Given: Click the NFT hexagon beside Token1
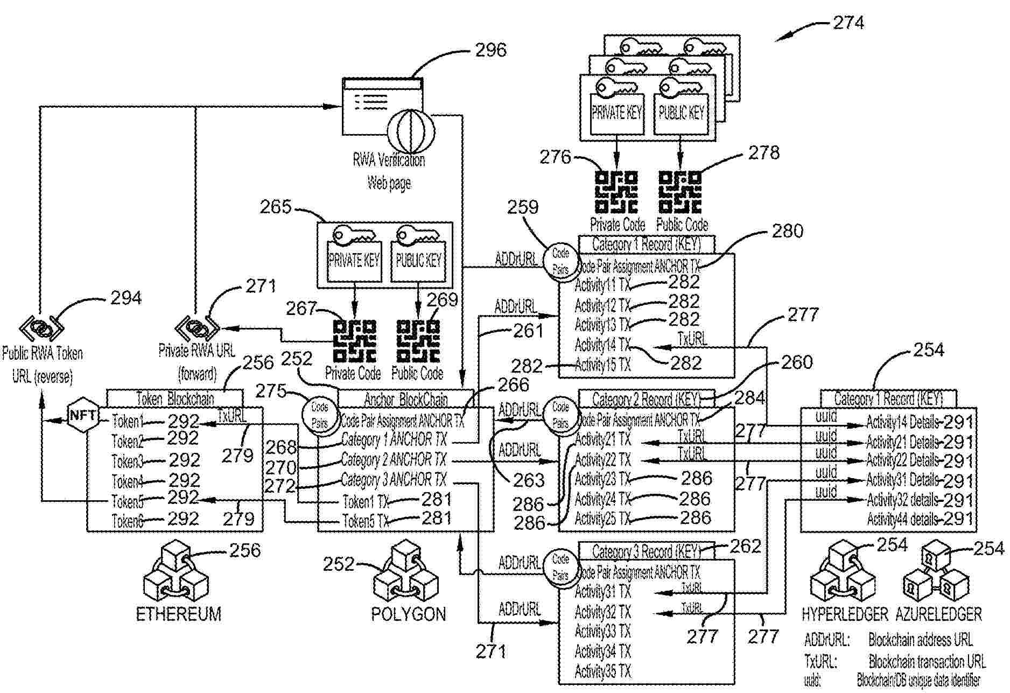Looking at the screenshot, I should pyautogui.click(x=83, y=415).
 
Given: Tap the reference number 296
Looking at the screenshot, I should pyautogui.click(x=490, y=50).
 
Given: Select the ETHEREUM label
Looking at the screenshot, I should pyautogui.click(x=178, y=614).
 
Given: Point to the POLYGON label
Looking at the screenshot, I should pyautogui.click(x=408, y=614).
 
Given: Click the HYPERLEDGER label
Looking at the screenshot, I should pyautogui.click(x=845, y=614).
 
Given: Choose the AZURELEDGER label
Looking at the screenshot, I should pyautogui.click(x=939, y=614).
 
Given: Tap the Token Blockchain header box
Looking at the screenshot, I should pyautogui.click(x=174, y=398).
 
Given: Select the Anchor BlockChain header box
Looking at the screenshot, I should pyautogui.click(x=405, y=399).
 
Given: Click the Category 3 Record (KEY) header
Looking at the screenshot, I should pyautogui.click(x=646, y=551).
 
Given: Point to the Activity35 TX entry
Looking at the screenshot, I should pyautogui.click(x=602, y=671).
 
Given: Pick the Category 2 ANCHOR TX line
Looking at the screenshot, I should pyautogui.click(x=394, y=460).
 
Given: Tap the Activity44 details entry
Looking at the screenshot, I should pyautogui.click(x=902, y=519).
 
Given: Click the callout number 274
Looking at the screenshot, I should pyautogui.click(x=848, y=23).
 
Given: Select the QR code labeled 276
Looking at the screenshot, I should pyautogui.click(x=616, y=192).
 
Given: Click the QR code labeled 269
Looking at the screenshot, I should pyautogui.click(x=418, y=341).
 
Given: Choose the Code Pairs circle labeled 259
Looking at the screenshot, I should pyautogui.click(x=560, y=261).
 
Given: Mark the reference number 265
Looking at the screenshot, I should pyautogui.click(x=275, y=207).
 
